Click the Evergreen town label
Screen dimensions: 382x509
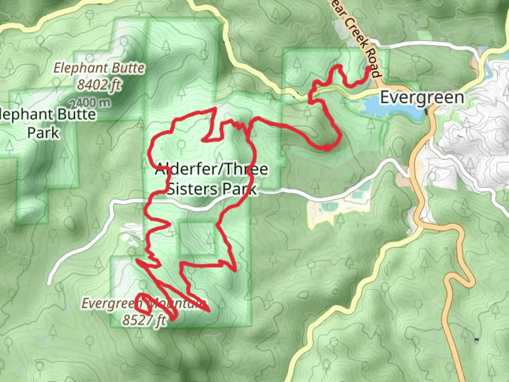[x=422, y=97]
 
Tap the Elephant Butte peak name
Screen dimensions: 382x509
[x=99, y=68]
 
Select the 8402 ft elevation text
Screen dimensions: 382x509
[x=99, y=85]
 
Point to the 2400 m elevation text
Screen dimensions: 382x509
[x=90, y=103]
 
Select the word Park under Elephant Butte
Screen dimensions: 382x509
[x=43, y=133]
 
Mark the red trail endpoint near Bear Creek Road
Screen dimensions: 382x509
[x=369, y=68]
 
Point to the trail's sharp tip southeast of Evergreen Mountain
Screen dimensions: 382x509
[x=210, y=311]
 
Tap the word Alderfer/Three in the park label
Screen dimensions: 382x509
[x=211, y=169]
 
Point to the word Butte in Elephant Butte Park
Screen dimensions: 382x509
[x=76, y=115]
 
